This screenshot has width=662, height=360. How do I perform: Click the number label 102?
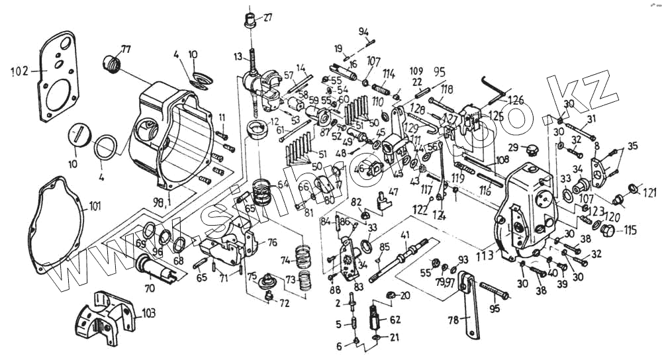point(20,70)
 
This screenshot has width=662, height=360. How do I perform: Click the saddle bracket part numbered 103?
point(106,318)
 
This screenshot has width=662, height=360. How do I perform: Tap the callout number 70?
point(149,288)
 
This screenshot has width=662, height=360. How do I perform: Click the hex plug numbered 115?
point(610,230)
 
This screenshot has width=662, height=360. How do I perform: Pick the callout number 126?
point(515,101)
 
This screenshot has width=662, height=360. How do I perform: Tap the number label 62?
point(395,320)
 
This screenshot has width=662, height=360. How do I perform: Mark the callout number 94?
point(364,32)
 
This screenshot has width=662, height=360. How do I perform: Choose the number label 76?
point(271,242)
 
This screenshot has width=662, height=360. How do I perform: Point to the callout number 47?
point(393,191)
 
